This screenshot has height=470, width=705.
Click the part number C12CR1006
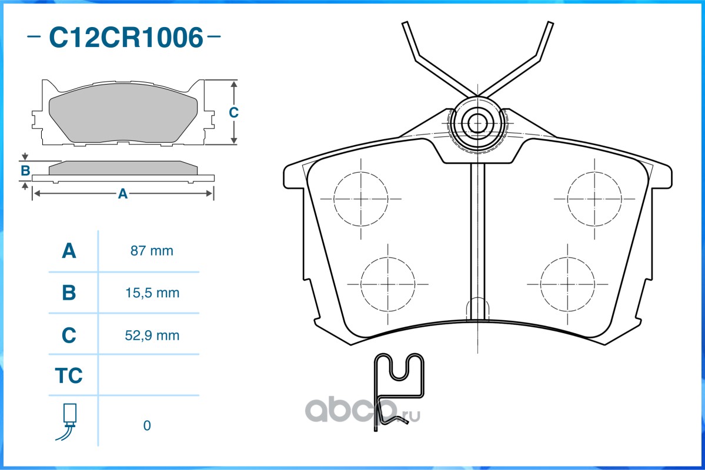126,37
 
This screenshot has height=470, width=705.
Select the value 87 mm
152,251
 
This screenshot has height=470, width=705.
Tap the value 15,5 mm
152,293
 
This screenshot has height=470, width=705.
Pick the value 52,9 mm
152,335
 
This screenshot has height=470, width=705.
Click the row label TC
69,375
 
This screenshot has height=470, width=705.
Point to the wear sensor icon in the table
67,422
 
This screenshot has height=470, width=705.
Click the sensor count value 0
147,425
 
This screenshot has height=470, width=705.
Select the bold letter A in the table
69,251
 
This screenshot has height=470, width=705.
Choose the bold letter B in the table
69,293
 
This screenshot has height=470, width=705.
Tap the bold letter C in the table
69,335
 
